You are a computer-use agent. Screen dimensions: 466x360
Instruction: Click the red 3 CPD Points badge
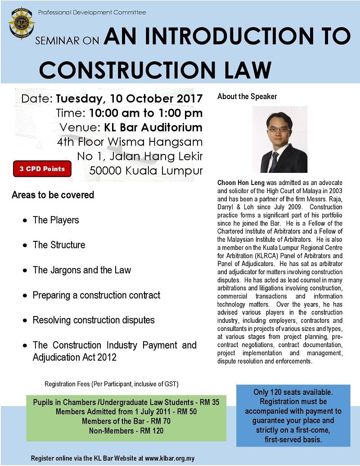(x=42, y=169)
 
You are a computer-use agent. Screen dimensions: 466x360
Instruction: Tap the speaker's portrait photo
(x=279, y=140)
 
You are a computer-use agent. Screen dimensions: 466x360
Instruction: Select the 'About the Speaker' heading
(x=247, y=96)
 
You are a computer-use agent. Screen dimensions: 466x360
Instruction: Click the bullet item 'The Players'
(x=56, y=220)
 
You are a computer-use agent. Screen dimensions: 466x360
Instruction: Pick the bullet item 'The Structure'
(x=59, y=245)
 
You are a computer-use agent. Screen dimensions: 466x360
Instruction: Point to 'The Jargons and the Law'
(x=82, y=270)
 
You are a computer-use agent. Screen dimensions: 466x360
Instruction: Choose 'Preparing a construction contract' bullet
(x=96, y=295)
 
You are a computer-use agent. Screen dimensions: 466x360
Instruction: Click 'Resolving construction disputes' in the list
(x=94, y=320)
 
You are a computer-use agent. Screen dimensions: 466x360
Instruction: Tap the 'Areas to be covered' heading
(x=53, y=195)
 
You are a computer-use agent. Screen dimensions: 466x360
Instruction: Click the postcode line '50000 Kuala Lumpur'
(x=146, y=170)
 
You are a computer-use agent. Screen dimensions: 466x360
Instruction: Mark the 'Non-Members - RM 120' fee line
(x=126, y=431)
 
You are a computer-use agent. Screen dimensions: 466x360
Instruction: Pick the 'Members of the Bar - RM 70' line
(x=126, y=421)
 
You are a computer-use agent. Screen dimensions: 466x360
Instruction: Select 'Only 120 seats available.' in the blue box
(x=293, y=392)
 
